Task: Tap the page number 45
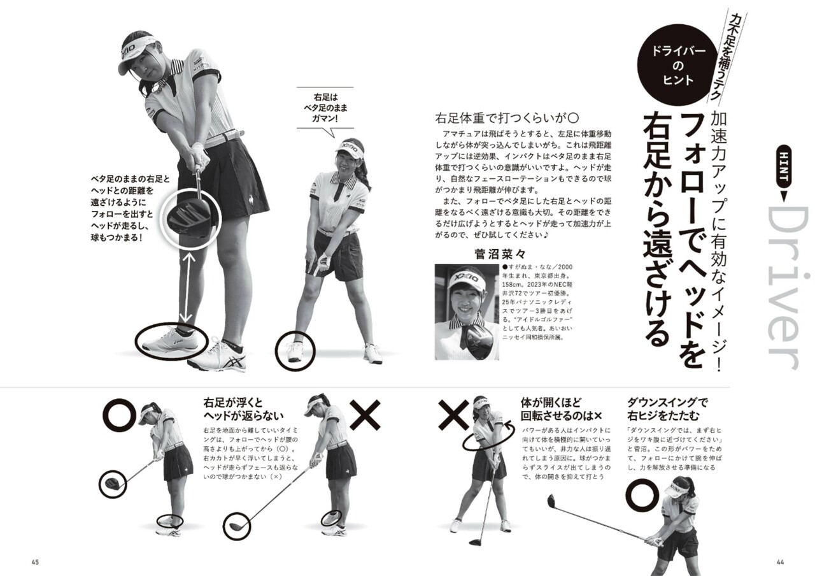[x=35, y=562]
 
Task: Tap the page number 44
[x=780, y=562]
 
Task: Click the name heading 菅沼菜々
[x=500, y=254]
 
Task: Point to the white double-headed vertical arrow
[x=187, y=287]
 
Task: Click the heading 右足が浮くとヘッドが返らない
[x=243, y=409]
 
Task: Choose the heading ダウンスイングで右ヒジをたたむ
[x=667, y=409]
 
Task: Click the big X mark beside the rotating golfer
[x=453, y=414]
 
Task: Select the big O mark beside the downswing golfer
[x=644, y=496]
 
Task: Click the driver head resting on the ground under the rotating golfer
[x=476, y=542]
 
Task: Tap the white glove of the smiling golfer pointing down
[x=322, y=262]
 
